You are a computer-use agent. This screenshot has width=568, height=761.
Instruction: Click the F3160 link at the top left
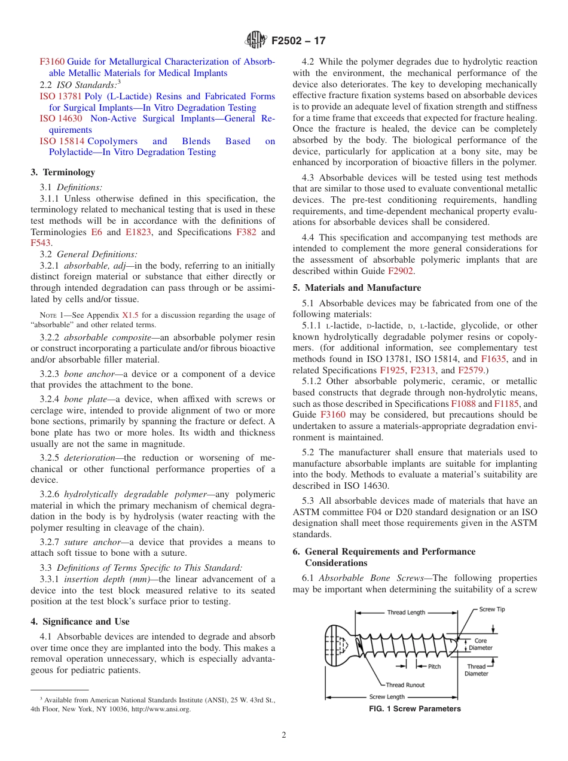click(52, 62)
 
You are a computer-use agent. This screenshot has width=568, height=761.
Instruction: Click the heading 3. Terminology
click(63, 172)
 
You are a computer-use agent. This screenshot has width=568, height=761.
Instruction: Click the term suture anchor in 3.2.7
click(90, 542)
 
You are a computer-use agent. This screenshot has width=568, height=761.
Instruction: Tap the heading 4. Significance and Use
click(80, 622)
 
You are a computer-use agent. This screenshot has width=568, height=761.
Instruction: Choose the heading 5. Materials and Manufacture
click(356, 288)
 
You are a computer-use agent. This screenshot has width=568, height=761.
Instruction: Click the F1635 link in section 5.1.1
click(493, 359)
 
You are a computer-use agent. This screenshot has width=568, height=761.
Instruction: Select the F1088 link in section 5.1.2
click(463, 404)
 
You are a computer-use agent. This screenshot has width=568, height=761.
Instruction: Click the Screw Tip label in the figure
click(492, 609)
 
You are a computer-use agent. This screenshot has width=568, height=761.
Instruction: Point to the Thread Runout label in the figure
click(405, 685)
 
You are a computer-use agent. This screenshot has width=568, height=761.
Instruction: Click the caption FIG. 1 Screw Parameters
click(415, 709)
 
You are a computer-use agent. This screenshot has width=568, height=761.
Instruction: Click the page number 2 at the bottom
click(284, 735)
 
